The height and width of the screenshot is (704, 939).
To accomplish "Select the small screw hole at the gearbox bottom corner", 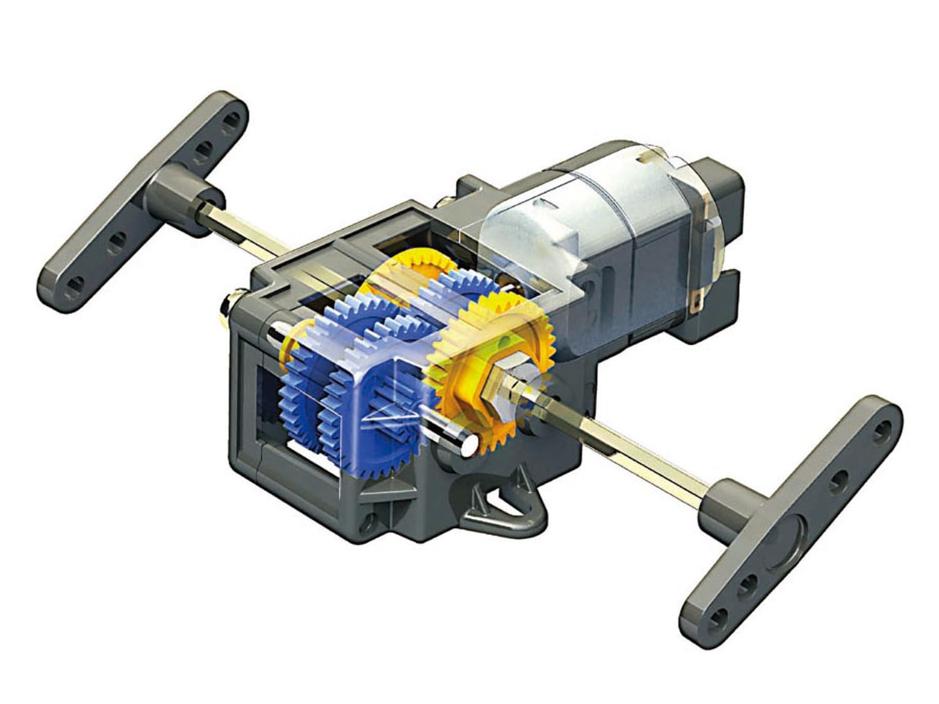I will pyautogui.click(x=374, y=519).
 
